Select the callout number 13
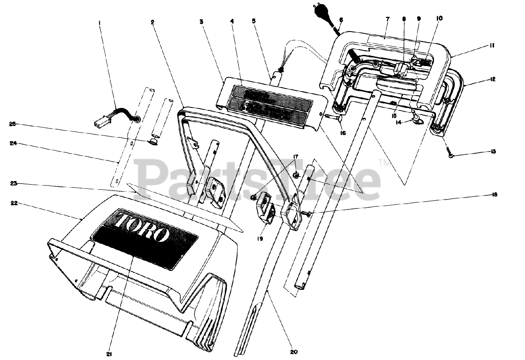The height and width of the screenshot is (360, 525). point(493,151)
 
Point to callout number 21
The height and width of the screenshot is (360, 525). point(109,353)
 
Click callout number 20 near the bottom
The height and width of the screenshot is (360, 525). point(294,351)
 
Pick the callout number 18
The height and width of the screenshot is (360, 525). point(495,195)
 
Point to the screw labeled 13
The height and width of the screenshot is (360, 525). point(450,155)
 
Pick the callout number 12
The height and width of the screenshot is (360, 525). point(493,79)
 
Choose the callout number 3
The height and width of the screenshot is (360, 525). point(201,22)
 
